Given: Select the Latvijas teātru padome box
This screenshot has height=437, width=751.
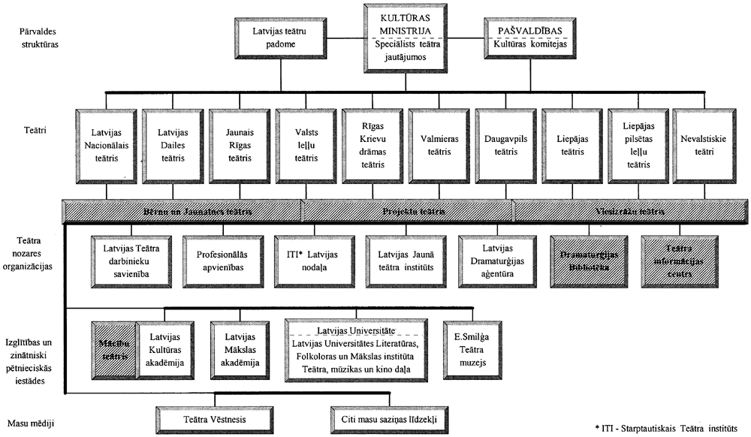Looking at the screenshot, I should click(x=279, y=38).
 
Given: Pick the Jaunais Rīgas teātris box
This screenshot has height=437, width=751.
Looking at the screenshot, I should click(x=240, y=146).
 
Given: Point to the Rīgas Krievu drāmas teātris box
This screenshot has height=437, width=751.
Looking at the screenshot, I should click(x=372, y=144).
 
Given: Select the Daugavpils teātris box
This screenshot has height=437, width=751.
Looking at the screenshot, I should click(x=505, y=145).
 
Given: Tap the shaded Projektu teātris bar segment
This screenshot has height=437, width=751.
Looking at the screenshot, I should click(x=407, y=211).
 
